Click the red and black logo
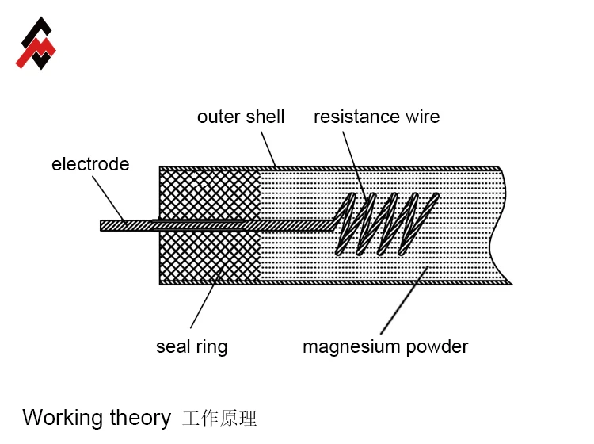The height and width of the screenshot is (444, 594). pyautogui.click(x=36, y=44)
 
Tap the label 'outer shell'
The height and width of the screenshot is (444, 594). pyautogui.click(x=241, y=117)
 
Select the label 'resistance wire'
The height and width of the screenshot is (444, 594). pyautogui.click(x=376, y=117)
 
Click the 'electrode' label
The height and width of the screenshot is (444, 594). pyautogui.click(x=90, y=164)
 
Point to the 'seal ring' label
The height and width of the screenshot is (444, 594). pyautogui.click(x=192, y=346)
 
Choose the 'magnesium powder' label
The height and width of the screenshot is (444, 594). pyautogui.click(x=386, y=346)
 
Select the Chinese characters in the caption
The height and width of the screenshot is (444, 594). pyautogui.click(x=219, y=418)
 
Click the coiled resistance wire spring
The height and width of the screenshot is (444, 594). pyautogui.click(x=384, y=224)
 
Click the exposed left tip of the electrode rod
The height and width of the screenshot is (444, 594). pyautogui.click(x=111, y=225)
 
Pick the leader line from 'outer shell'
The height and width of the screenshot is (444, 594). pyautogui.click(x=268, y=147)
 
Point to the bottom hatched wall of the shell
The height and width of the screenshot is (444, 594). pyautogui.click(x=333, y=281)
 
